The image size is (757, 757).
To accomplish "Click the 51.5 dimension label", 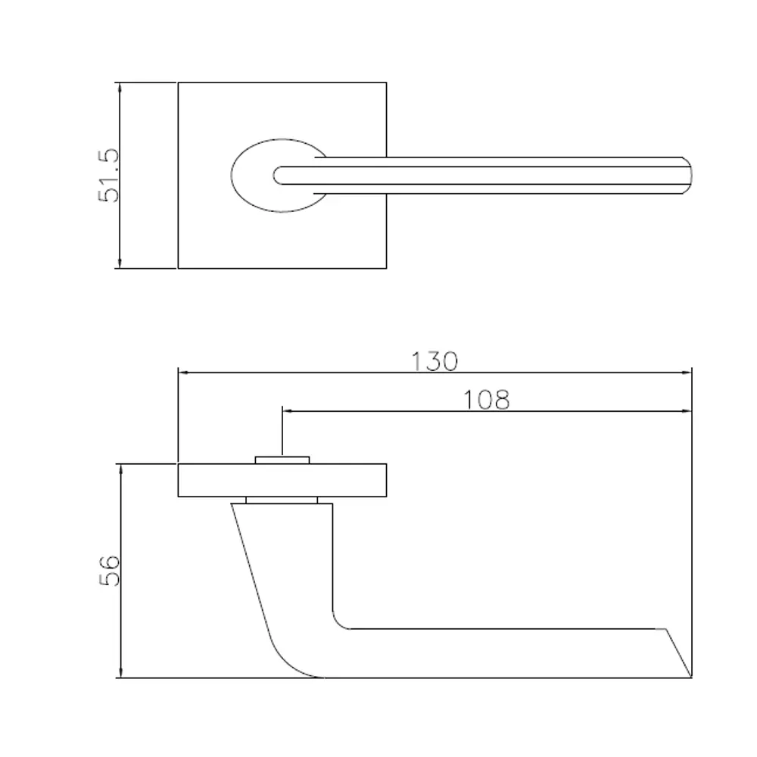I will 108,175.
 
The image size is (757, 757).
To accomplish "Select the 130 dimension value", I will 435,362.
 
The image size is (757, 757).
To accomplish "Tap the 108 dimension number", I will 487,400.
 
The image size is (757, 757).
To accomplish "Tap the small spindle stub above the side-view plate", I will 282,459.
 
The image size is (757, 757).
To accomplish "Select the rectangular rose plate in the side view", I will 282,481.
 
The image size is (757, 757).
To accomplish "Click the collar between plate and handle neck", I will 282,500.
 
